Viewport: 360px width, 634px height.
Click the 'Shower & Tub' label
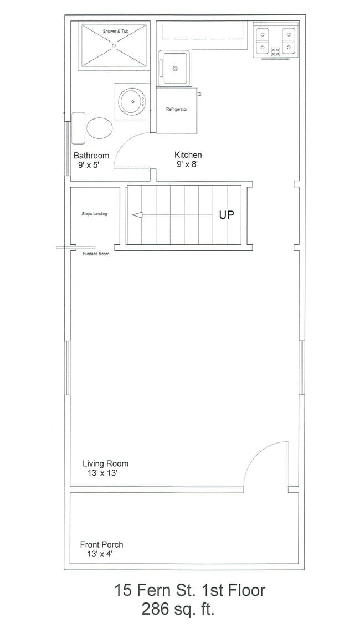(115, 31)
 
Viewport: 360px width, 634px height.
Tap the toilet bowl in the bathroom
(100, 128)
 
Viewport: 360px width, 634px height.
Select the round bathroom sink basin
(132, 101)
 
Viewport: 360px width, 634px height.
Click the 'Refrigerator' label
(177, 109)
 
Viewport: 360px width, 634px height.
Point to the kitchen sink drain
(176, 68)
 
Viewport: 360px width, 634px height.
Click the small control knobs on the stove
(276, 51)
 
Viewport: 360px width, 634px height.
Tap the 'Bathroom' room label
(91, 156)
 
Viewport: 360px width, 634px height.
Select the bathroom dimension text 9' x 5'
(89, 165)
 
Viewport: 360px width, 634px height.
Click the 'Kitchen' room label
(188, 155)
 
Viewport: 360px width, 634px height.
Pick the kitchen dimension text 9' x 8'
(187, 164)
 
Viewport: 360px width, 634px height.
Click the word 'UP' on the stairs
(227, 215)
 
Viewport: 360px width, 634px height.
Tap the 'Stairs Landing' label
(94, 214)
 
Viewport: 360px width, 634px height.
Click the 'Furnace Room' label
(96, 254)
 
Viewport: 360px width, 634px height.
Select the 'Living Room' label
(106, 464)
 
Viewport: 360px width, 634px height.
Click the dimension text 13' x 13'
(101, 473)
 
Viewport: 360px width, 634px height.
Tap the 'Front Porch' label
(101, 544)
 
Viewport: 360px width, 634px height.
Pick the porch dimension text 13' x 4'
(99, 554)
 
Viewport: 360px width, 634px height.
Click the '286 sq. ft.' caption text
(178, 609)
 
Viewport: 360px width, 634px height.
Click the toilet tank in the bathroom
(79, 128)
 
